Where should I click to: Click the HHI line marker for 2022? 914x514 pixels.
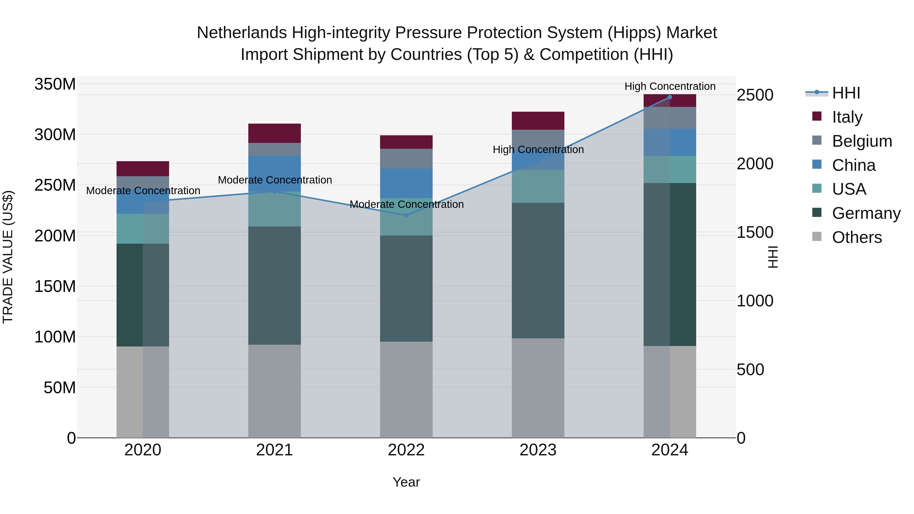[406, 215]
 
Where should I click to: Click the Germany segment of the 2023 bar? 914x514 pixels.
[538, 270]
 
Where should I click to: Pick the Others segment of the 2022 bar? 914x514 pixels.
[406, 389]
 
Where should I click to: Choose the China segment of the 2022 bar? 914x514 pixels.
[406, 183]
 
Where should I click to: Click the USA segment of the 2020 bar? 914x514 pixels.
[143, 228]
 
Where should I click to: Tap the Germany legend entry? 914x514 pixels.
[866, 213]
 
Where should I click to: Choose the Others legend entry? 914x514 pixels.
[857, 237]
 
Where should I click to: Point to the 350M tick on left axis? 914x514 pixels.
[55, 85]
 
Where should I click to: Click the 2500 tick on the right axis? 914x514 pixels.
[755, 95]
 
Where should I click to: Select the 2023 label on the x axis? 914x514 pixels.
[538, 450]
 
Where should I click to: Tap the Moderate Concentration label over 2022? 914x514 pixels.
[406, 204]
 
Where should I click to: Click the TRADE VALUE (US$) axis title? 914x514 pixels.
[8, 257]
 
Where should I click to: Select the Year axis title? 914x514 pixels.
[406, 482]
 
